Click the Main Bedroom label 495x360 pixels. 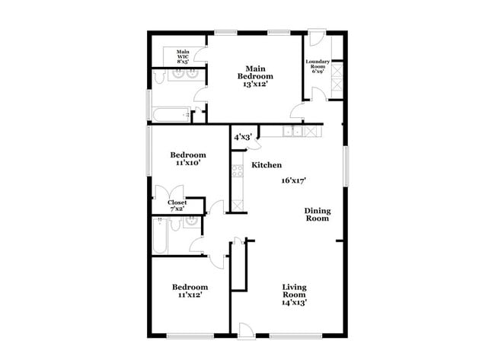pyautogui.click(x=255, y=72)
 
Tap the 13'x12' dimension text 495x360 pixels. pyautogui.click(x=255, y=84)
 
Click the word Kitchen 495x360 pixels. pyautogui.click(x=267, y=165)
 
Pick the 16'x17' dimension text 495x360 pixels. pyautogui.click(x=294, y=181)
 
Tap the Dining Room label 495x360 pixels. pyautogui.click(x=318, y=215)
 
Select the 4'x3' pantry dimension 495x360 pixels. pyautogui.click(x=243, y=137)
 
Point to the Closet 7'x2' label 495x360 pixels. pyautogui.click(x=177, y=205)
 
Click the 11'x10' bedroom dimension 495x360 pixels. pyautogui.click(x=188, y=163)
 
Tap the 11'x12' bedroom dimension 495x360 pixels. pyautogui.click(x=190, y=295)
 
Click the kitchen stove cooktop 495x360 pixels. pyautogui.click(x=238, y=171)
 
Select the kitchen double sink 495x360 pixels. pyautogui.click(x=292, y=131)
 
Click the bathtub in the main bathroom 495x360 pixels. pyautogui.click(x=171, y=115)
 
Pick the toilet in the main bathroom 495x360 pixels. pyautogui.click(x=160, y=77)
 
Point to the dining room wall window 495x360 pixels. pyautogui.click(x=346, y=166)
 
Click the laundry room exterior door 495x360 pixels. pyautogui.click(x=317, y=37)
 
